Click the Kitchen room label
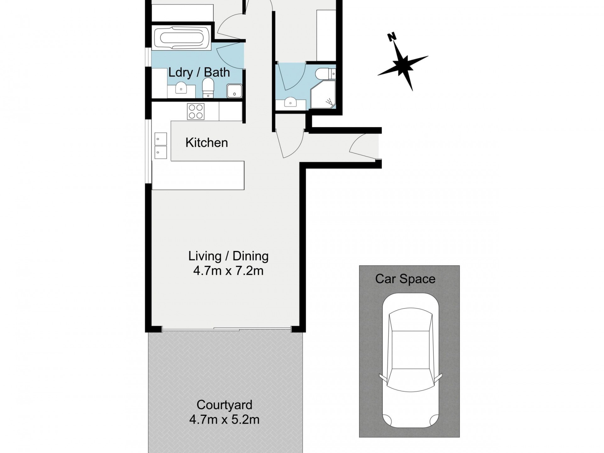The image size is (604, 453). pos(206,143)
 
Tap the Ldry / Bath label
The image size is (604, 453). pos(199,73)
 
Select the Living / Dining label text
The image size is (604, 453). pos(228,256)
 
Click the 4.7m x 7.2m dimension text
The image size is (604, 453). pos(228,271)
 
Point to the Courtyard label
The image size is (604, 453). pos(224,405)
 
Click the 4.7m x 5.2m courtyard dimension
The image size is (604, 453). pos(224,420)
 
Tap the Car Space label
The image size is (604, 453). pos(405,279)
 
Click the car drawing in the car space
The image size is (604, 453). pos(410,361)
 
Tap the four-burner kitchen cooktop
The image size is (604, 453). pos(196,112)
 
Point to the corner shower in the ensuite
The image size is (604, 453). pos(323,96)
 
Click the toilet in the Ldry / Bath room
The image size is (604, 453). pos(208,88)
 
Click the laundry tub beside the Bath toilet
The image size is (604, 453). pos(234,91)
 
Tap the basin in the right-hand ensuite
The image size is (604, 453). pos(290,103)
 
